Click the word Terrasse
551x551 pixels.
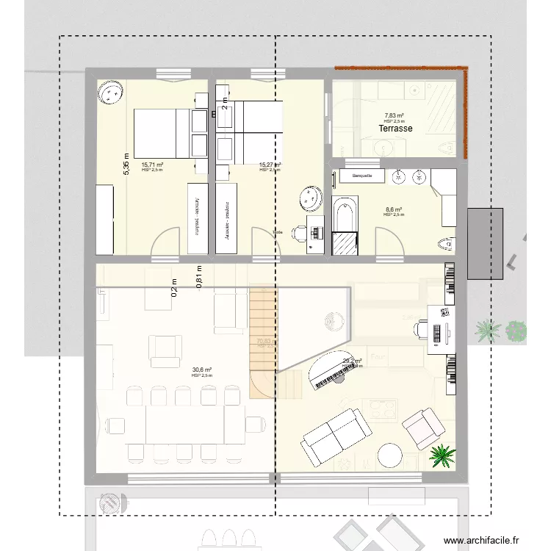(x=395, y=129)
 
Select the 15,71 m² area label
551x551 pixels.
(x=152, y=165)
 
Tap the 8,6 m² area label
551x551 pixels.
(x=394, y=210)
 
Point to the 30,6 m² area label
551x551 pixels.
(x=202, y=370)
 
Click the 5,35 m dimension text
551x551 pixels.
(x=126, y=162)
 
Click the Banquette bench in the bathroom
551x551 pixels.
(x=363, y=176)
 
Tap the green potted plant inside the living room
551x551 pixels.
(x=442, y=455)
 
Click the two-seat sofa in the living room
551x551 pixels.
(x=334, y=436)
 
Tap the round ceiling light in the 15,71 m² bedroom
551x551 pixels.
(x=112, y=92)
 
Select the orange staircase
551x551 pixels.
(x=262, y=342)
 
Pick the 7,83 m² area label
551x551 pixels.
(x=395, y=116)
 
